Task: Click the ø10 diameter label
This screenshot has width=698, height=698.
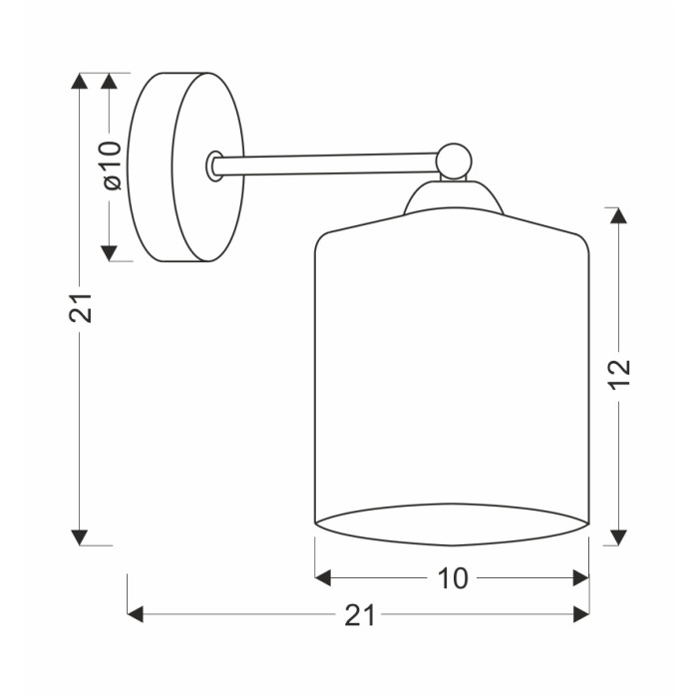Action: click(112, 166)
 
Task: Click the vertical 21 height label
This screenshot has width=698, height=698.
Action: click(80, 308)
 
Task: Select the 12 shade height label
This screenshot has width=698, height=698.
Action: click(619, 374)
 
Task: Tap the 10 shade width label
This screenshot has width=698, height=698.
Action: click(453, 578)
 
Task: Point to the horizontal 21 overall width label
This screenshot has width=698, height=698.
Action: click(360, 615)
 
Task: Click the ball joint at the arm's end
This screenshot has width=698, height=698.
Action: click(454, 162)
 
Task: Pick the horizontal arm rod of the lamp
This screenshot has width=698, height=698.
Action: click(325, 164)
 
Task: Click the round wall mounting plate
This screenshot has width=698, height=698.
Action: click(185, 167)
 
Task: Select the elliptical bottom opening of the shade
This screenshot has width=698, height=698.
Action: click(452, 524)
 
